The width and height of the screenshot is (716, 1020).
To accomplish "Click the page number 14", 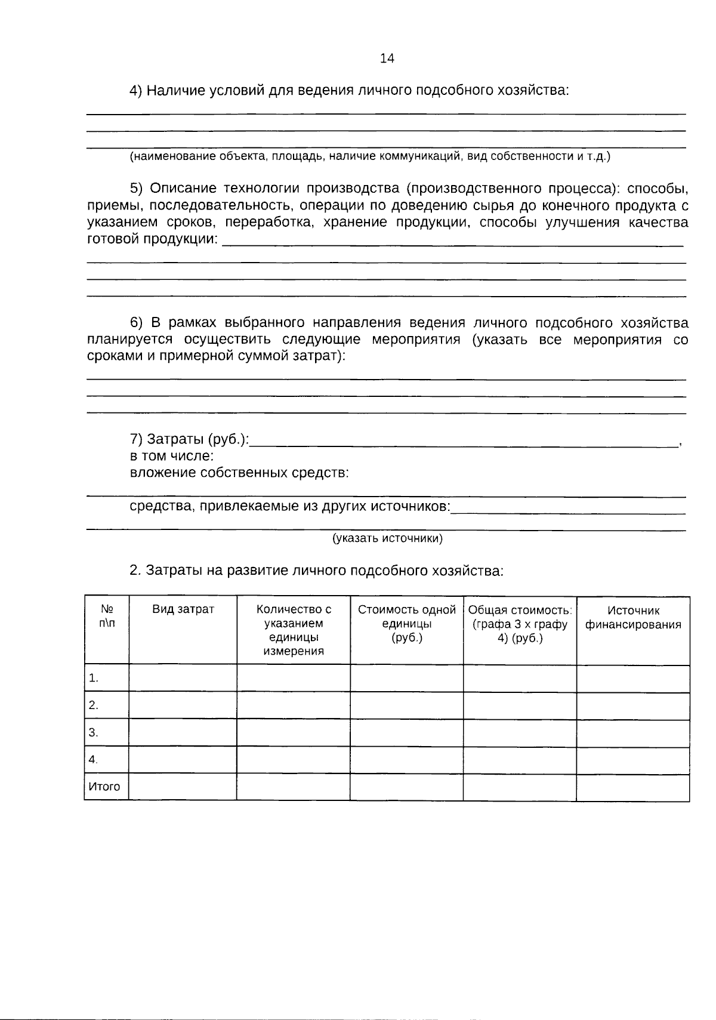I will pyautogui.click(x=387, y=58).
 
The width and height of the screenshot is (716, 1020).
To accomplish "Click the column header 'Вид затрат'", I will pyautogui.click(x=183, y=609).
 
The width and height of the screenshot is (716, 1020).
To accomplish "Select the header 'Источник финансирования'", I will pyautogui.click(x=633, y=618).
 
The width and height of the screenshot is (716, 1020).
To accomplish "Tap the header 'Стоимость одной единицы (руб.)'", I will pyautogui.click(x=406, y=623).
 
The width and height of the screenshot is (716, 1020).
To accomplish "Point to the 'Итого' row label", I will pyautogui.click(x=104, y=787).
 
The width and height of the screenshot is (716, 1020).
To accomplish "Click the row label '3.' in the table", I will pyautogui.click(x=94, y=732).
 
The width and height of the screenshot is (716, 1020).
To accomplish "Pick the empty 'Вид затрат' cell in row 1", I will pyautogui.click(x=183, y=679).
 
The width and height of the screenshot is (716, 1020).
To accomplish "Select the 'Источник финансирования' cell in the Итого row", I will pyautogui.click(x=633, y=787).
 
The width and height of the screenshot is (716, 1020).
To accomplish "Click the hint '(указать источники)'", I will pyautogui.click(x=387, y=538).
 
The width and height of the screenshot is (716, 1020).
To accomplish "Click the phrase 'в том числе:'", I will pyautogui.click(x=172, y=456).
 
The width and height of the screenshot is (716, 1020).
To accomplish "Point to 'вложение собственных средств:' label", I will pyautogui.click(x=239, y=473).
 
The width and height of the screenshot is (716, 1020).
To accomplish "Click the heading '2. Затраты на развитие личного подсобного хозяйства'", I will pyautogui.click(x=317, y=571).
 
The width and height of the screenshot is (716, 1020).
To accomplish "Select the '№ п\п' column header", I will pyautogui.click(x=107, y=616).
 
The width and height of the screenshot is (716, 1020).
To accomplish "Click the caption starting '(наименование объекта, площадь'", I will pyautogui.click(x=370, y=157).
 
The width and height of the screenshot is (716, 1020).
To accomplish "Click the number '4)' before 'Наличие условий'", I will pyautogui.click(x=136, y=91).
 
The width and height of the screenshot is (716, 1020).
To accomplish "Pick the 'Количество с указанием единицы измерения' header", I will pyautogui.click(x=294, y=630).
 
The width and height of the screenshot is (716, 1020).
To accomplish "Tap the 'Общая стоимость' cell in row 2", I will pyautogui.click(x=520, y=705).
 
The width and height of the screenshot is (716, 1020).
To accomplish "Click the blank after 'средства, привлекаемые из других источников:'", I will pyautogui.click(x=567, y=508).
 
